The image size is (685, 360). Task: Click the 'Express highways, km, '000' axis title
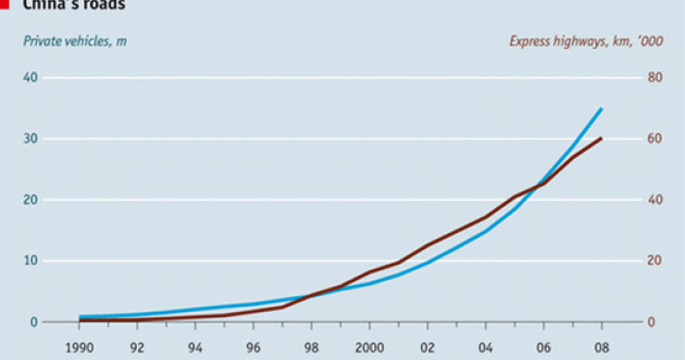point(589,41)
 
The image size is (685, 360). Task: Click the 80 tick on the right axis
point(654,78)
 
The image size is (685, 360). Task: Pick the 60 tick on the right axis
point(654,139)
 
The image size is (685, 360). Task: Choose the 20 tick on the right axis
point(654,261)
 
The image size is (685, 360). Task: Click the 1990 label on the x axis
point(79,350)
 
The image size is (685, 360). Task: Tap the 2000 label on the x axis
point(368,350)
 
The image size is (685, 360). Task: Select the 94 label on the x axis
point(195,350)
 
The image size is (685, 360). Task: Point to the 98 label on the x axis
point(311,350)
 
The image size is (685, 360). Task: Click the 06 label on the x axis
point(543,350)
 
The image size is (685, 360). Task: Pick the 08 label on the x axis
point(601,350)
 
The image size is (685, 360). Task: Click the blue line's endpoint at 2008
point(602,108)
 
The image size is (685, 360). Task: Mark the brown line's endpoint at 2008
point(602,138)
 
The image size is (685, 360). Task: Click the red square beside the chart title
point(4,4)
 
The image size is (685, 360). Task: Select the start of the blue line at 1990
point(81,317)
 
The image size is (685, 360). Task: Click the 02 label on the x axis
point(427,350)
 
